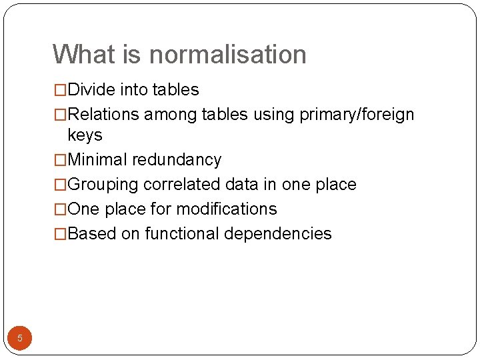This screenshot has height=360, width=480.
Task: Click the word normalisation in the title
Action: [x=229, y=55]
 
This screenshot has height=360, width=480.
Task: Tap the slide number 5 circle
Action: [x=20, y=338]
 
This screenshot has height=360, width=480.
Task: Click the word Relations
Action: [x=104, y=115]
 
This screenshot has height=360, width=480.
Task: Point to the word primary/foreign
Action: [x=357, y=115]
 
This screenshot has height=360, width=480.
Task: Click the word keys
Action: [x=85, y=135]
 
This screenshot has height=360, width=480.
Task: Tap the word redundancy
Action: [x=177, y=160]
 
